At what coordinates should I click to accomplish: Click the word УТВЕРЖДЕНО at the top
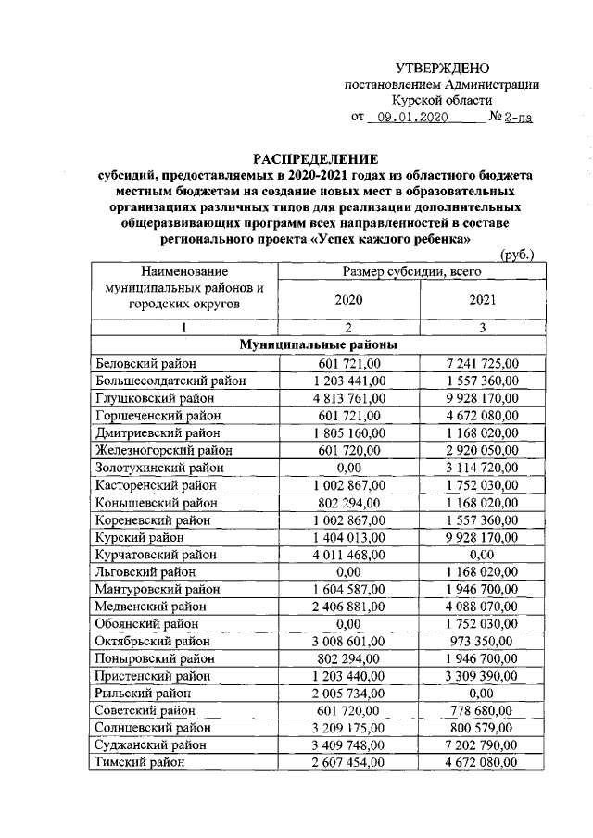pos(442,68)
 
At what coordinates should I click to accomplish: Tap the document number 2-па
pos(519,119)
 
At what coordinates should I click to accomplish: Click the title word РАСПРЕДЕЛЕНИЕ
pos(303,158)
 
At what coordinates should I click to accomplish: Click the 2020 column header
pos(347,300)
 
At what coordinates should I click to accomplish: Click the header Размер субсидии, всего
pos(414,271)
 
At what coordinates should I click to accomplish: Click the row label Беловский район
pos(144,364)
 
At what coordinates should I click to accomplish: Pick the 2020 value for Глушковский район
pos(348,398)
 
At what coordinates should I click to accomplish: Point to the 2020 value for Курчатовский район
pos(348,554)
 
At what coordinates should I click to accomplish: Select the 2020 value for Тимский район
pos(348,762)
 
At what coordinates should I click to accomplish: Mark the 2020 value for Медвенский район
pos(348,607)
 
